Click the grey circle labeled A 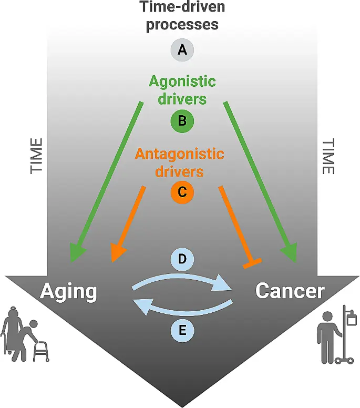coord(182,49)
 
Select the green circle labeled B coord(182,121)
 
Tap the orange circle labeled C coord(182,192)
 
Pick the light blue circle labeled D coord(182,259)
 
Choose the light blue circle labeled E coord(182,331)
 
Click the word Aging coord(69,292)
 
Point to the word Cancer coord(290,291)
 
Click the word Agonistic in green coord(182,82)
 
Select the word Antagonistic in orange coord(180,154)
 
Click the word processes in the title coord(182,25)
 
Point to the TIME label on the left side coord(36,156)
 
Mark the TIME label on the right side coord(328,157)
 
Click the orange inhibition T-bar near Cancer coord(252,263)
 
